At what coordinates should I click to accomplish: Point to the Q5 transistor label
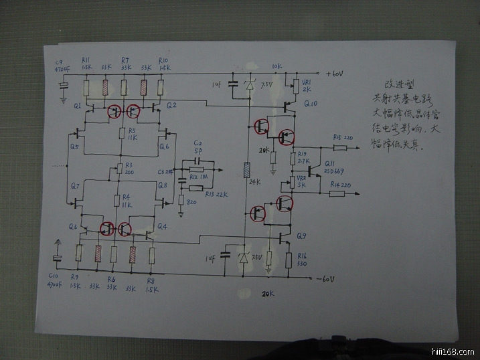point(73,147)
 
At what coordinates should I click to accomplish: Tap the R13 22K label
point(214,193)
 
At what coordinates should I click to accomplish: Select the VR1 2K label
point(307,86)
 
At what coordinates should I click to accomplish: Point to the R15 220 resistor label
point(341,137)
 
